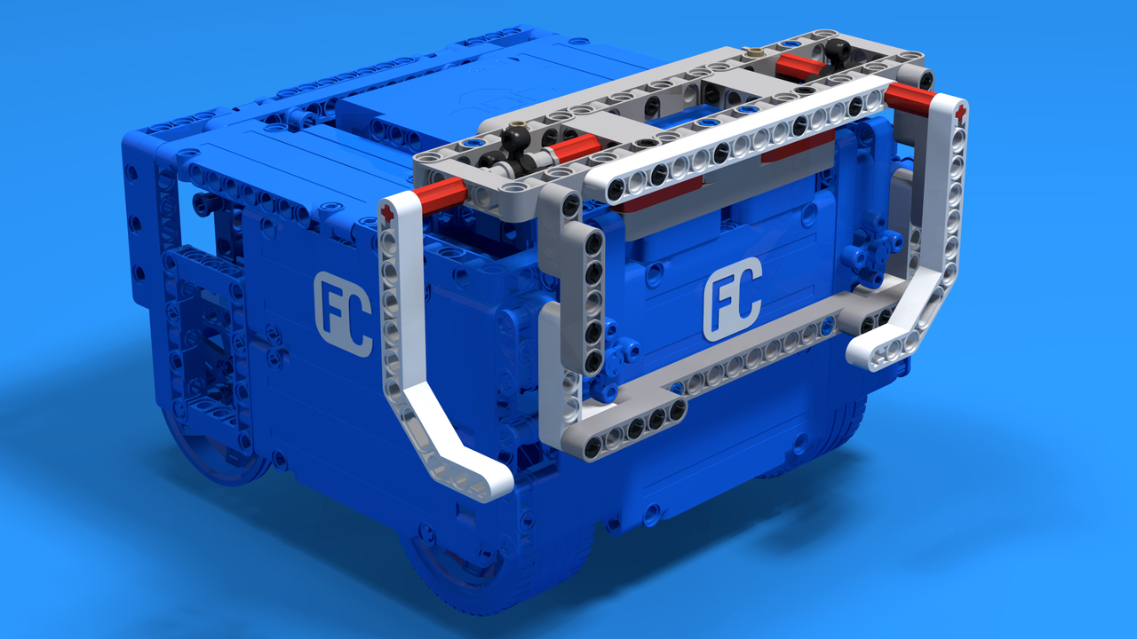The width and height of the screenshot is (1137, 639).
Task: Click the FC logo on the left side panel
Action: tap(344, 313)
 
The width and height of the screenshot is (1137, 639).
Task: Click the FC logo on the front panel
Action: tap(733, 299)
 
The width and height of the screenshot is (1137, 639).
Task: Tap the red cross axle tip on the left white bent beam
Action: tap(387, 214)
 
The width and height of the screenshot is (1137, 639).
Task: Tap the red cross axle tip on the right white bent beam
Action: tap(960, 113)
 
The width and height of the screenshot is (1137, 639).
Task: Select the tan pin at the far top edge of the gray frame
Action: tap(755, 51)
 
